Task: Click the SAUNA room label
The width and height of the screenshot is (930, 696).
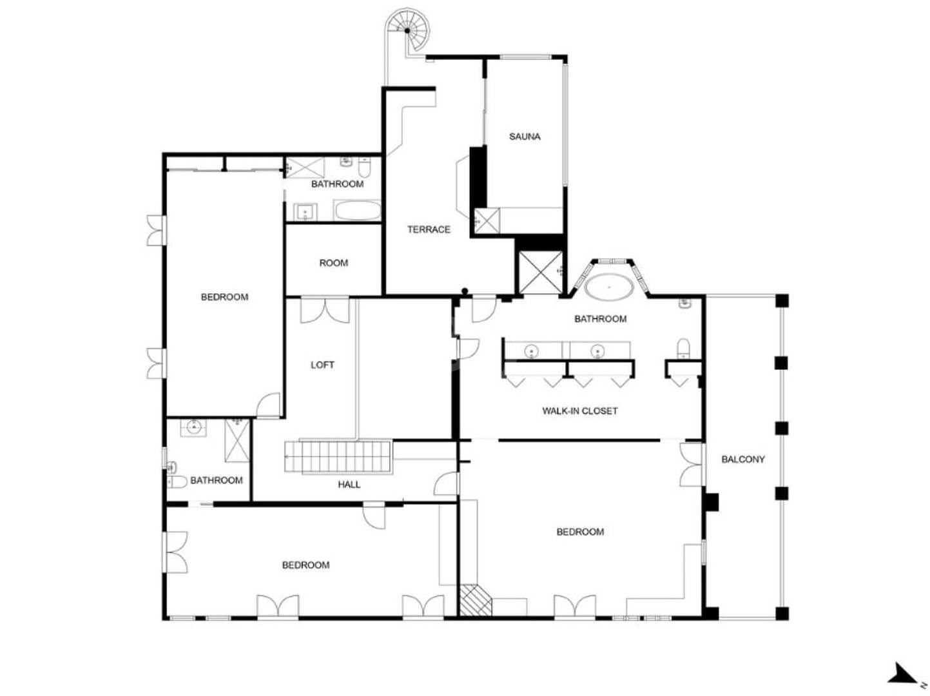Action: pos(524,137)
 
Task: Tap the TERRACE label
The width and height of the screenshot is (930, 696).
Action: pos(429,229)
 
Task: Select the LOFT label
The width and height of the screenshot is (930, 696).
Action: pos(322,364)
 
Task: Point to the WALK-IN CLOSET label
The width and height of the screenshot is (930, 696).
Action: pos(579,411)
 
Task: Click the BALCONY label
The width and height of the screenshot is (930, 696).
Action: pos(742,459)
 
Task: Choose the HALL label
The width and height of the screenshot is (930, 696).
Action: pos(349,484)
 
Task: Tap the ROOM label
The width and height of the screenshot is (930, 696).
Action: pos(333,263)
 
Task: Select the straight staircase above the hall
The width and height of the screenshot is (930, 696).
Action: pos(337,456)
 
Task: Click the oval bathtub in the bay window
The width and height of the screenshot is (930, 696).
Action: pos(609,287)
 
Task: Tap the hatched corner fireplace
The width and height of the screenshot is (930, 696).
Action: pos(474,600)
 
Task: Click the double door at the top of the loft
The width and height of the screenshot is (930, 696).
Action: pos(325,310)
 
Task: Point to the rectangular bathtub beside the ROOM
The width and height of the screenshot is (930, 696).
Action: pos(357,210)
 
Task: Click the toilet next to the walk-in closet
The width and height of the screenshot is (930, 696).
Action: pos(683,348)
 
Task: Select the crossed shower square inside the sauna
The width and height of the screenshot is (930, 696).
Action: pos(487,220)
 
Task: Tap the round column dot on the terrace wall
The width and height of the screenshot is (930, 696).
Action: pos(465,291)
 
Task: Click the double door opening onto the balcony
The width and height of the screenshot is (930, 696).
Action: pos(692,464)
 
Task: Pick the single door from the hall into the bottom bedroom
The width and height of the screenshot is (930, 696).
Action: pos(374,515)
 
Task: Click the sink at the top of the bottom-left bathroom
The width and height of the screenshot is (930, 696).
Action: pos(194,427)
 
